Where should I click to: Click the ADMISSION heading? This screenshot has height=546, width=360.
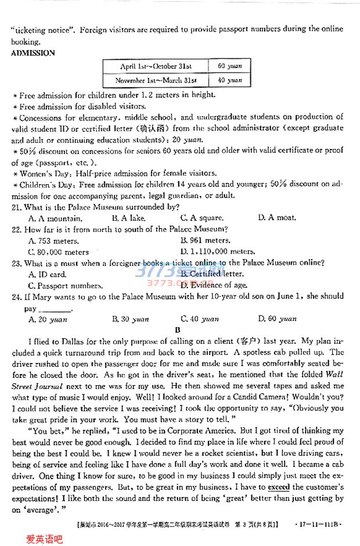pyautogui.click(x=33, y=53)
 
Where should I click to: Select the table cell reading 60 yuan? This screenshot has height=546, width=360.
pyautogui.click(x=230, y=67)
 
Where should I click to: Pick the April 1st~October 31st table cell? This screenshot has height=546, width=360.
pyautogui.click(x=156, y=67)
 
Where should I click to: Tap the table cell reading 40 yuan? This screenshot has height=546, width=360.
pyautogui.click(x=230, y=80)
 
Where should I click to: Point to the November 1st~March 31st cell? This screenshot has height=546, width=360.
pyautogui.click(x=156, y=80)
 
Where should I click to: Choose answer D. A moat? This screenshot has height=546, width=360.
pyautogui.click(x=277, y=218)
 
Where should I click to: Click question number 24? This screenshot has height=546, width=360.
pyautogui.click(x=16, y=297)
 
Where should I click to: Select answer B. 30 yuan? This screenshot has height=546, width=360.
pyautogui.click(x=130, y=319)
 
